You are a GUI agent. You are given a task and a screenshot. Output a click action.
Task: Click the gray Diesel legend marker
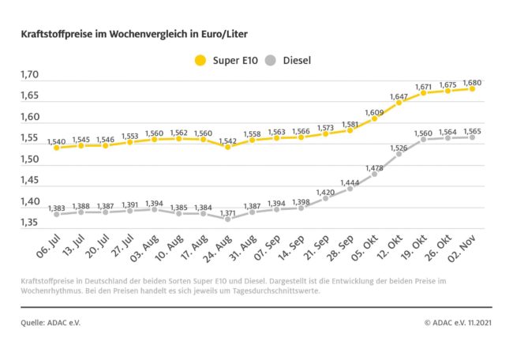(271, 59)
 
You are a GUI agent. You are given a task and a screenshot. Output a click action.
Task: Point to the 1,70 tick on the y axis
(29, 75)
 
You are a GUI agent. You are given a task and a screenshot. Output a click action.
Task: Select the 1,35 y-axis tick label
(29, 223)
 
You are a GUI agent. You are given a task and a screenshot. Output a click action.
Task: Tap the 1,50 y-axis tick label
(29, 159)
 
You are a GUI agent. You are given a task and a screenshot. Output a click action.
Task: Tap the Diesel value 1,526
(399, 148)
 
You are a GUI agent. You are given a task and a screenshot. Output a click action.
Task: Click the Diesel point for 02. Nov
(472, 137)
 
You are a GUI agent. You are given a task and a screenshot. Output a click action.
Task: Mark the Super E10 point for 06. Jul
(56, 148)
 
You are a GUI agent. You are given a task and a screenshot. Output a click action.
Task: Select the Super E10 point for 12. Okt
(399, 103)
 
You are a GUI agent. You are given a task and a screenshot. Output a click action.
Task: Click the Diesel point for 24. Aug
(228, 219)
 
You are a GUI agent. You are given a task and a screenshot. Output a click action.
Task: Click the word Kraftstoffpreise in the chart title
(56, 35)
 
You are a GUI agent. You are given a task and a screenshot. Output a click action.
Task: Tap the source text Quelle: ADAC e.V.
(51, 322)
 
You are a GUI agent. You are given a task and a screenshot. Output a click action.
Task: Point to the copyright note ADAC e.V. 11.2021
(458, 322)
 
